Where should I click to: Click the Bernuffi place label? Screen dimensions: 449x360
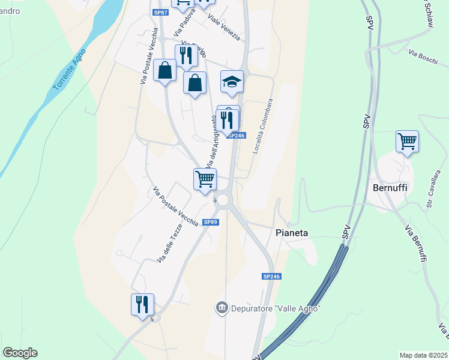[x=390, y=188]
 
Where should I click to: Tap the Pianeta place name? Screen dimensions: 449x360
[x=292, y=232]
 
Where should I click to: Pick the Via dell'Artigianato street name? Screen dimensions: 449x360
[x=211, y=142]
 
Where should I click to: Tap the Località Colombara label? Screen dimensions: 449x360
[x=262, y=126]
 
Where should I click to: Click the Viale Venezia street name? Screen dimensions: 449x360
[x=224, y=26]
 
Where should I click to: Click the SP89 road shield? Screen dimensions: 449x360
[x=210, y=222]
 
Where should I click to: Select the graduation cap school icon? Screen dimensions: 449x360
[x=232, y=81]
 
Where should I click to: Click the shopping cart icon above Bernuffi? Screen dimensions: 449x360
[x=407, y=142]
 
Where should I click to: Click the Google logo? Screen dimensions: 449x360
[x=20, y=353]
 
